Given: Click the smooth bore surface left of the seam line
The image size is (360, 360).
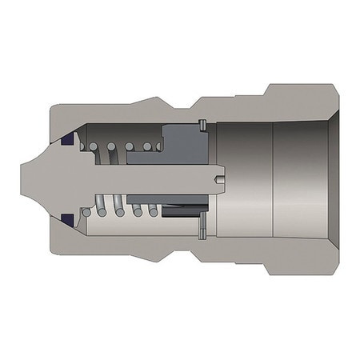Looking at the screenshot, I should click(244, 179).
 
